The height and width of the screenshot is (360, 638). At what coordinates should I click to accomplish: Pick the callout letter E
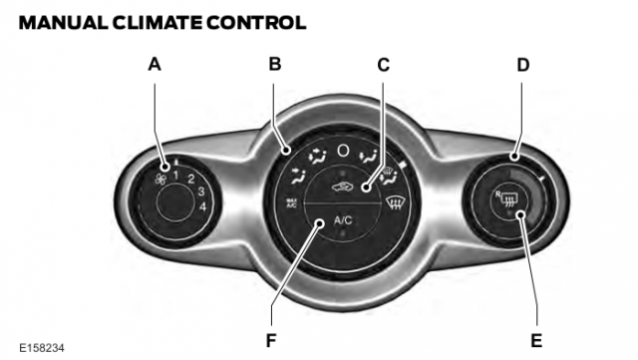(536, 339)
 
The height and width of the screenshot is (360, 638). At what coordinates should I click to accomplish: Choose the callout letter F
(271, 339)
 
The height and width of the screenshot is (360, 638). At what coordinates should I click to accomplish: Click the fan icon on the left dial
(161, 179)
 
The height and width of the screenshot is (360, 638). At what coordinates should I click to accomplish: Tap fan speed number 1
(174, 176)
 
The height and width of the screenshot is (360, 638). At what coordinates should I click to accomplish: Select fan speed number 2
(190, 180)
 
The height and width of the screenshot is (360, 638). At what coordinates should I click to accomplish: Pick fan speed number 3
(200, 192)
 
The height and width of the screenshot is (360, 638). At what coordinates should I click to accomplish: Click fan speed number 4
(202, 206)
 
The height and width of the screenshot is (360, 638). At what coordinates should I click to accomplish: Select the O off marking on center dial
(343, 151)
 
